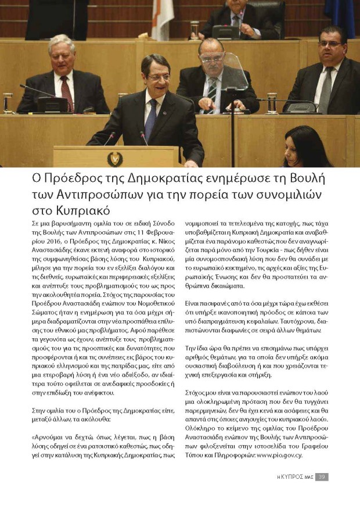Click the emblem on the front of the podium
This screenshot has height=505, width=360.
click(x=114, y=157)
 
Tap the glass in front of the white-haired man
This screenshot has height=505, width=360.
click(x=8, y=102)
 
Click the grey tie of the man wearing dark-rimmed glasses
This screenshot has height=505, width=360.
click(x=326, y=89)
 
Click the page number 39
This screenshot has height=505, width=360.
click(x=322, y=477)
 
